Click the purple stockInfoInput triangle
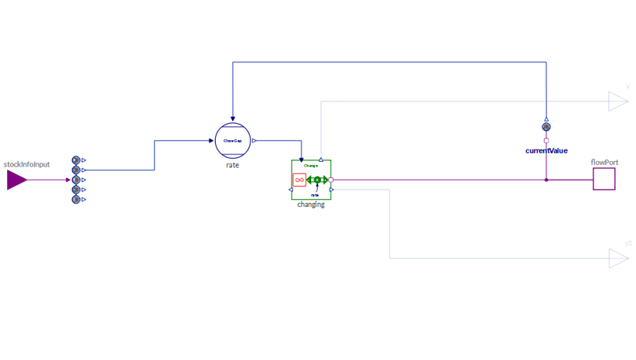pos(16,180)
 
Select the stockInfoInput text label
pos(27,164)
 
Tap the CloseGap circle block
pos(233,141)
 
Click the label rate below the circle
pos(233,165)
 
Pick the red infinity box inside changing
pos(299,180)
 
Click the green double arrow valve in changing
pos(316,180)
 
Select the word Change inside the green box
pos(311,166)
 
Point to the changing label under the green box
pos(311,204)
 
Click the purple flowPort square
pos(604,180)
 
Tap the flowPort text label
pos(604,163)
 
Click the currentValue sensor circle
pos(546,127)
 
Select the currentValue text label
pos(546,151)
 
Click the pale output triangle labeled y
pos(617,101)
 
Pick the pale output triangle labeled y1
pos(618,258)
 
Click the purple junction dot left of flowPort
pos(546,180)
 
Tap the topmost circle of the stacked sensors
pos(76,160)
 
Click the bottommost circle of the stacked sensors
pos(76,200)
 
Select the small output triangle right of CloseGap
pos(255,141)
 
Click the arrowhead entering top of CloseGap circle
pos(233,119)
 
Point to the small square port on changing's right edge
pos(331,180)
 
